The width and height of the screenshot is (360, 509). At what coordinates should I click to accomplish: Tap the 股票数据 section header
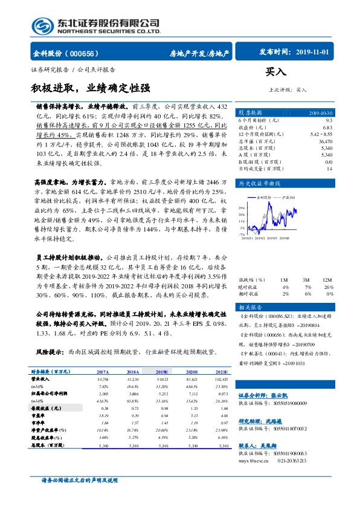tap(250, 113)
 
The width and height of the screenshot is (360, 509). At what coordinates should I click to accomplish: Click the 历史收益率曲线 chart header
tap(259, 183)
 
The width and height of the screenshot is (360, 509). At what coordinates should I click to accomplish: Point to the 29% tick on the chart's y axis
tap(242, 208)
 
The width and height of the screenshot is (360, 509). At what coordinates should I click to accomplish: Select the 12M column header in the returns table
tap(327, 280)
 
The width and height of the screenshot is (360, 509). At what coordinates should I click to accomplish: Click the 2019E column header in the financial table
tap(161, 372)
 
